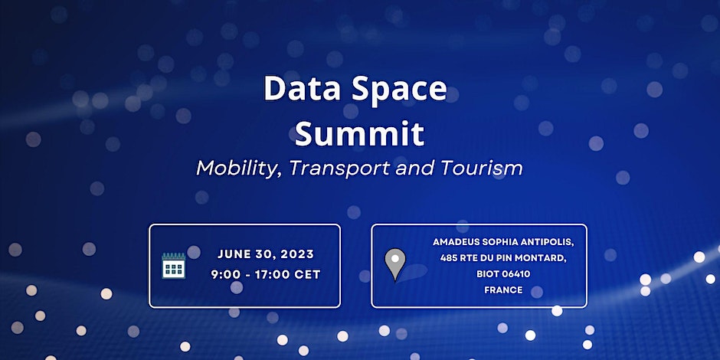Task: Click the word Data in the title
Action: click(x=301, y=89)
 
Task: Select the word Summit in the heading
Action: click(x=359, y=133)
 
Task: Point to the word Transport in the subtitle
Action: click(x=339, y=168)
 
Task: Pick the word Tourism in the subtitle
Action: click(x=482, y=168)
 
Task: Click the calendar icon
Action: click(x=174, y=266)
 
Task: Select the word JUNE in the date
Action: click(x=234, y=254)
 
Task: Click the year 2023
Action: click(x=297, y=254)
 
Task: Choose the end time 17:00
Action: click(x=274, y=274)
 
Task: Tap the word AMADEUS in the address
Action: click(x=455, y=242)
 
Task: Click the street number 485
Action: click(x=448, y=258)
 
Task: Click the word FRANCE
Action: click(x=503, y=290)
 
